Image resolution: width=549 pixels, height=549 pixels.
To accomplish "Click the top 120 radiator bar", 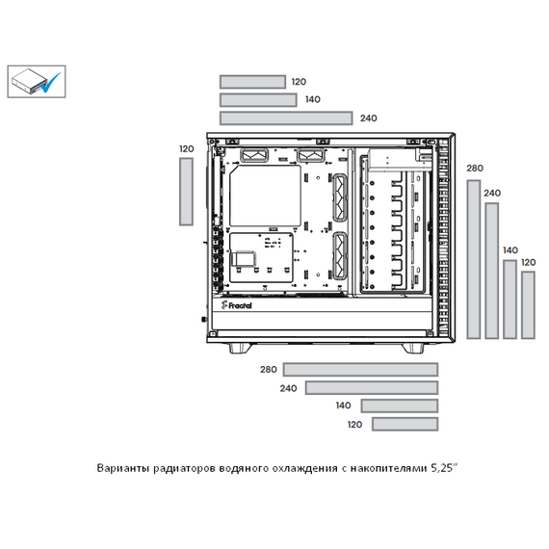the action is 252,82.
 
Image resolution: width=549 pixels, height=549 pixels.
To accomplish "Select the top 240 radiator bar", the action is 286,118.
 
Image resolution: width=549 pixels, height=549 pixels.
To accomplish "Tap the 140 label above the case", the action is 313,100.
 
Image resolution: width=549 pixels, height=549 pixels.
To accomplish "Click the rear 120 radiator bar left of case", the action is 186,192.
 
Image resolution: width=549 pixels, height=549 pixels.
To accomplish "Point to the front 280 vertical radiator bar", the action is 474,259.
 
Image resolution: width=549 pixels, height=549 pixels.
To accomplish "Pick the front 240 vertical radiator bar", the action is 492,271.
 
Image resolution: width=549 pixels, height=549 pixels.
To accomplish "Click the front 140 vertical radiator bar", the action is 510,300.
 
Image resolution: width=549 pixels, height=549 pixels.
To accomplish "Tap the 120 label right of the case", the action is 529,262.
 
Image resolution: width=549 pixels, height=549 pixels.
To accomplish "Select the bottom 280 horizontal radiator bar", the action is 360,370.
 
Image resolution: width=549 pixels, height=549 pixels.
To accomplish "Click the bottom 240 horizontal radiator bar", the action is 372,387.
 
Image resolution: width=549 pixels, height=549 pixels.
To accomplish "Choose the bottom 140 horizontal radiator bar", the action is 400,405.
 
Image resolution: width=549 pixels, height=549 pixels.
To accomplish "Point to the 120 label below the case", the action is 354,425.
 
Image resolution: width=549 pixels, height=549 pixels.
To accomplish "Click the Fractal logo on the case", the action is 236,305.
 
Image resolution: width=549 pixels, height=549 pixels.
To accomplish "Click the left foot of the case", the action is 240,348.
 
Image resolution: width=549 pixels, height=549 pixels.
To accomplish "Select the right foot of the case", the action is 412,348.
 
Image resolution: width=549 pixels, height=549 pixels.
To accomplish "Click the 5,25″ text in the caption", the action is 444,468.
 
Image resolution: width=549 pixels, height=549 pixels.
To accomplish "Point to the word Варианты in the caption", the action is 123,468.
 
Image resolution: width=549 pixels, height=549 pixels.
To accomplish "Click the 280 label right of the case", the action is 475,169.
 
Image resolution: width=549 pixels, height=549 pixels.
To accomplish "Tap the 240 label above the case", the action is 369,118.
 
